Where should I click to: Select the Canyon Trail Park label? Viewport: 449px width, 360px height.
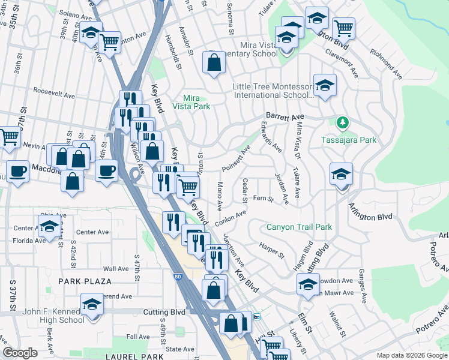pos(299,227)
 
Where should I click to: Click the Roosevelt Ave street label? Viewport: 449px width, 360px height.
pos(54,95)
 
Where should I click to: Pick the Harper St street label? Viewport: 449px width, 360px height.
pos(272,251)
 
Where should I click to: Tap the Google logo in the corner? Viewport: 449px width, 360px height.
pos(20,353)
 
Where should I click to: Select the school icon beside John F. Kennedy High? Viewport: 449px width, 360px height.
pos(92,304)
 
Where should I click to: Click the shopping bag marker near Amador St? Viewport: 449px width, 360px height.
pos(214,62)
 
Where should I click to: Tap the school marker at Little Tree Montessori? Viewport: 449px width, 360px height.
pos(325,85)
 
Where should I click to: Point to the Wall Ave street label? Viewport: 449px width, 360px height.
pos(116,269)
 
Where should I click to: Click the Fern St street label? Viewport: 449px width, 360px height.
pos(263,198)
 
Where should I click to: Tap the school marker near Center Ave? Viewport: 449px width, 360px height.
pos(49,226)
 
